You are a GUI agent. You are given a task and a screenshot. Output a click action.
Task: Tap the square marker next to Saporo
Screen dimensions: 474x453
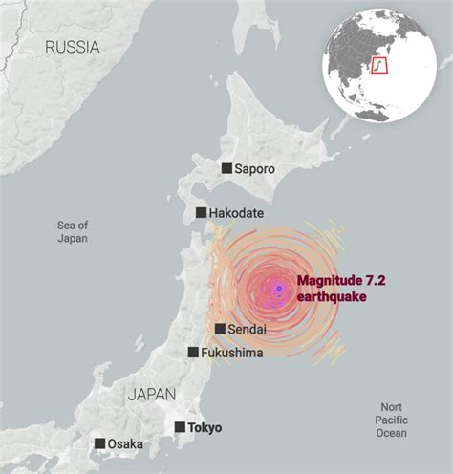coord(226,168)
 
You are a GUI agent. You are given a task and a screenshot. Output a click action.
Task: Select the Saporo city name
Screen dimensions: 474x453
coord(254,168)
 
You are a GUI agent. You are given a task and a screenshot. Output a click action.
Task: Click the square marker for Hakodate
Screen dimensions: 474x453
coord(202,213)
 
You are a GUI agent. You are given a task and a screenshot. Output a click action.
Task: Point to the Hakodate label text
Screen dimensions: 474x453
coord(239,213)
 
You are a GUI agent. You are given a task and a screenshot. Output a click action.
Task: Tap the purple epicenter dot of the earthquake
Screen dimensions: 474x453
coord(279,289)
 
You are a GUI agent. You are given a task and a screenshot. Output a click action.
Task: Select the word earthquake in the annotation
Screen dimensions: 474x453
coord(331,297)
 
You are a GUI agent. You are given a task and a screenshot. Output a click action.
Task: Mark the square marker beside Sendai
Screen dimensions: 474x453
coord(220,329)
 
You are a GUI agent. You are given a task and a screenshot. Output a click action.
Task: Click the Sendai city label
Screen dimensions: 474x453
coord(248,329)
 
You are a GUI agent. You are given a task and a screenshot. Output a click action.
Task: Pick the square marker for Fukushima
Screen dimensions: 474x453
coord(192,353)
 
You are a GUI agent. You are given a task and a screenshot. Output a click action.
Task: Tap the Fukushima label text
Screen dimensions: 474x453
coord(232,353)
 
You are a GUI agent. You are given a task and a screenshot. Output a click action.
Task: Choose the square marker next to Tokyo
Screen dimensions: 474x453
coord(179,427)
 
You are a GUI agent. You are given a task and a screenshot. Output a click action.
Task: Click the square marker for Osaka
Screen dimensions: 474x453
coord(99,443)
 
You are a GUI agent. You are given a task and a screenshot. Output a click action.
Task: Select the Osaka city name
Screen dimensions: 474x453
coord(125,443)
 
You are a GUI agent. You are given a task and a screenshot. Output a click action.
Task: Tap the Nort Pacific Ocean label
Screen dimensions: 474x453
coord(391,420)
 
